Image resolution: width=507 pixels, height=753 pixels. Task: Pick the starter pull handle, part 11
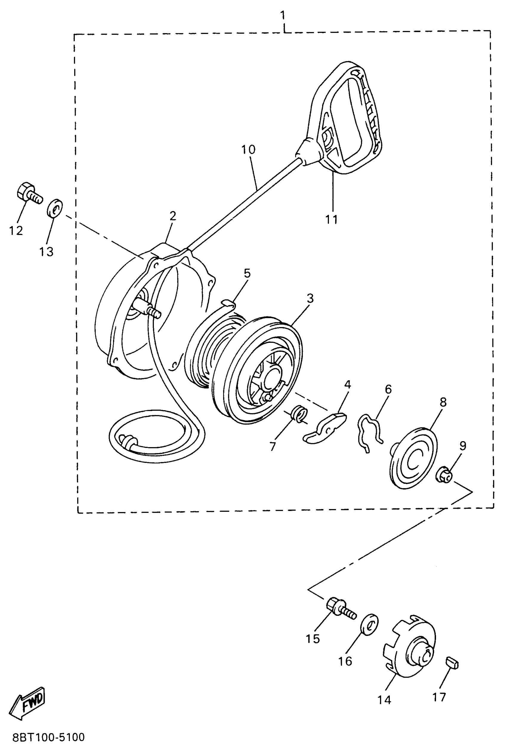pos(346,119)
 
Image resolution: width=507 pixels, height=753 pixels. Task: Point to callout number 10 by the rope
pos(248,150)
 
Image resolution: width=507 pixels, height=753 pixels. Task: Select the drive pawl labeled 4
pos(325,428)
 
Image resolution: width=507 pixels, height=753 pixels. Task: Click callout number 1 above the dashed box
pos(283,15)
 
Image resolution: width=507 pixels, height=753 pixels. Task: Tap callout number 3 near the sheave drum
pos(310,298)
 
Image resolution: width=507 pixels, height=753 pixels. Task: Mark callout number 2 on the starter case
pos(173,216)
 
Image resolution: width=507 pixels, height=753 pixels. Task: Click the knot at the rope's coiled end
pos(128,441)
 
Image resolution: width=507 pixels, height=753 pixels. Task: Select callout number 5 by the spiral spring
pos(247,273)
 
